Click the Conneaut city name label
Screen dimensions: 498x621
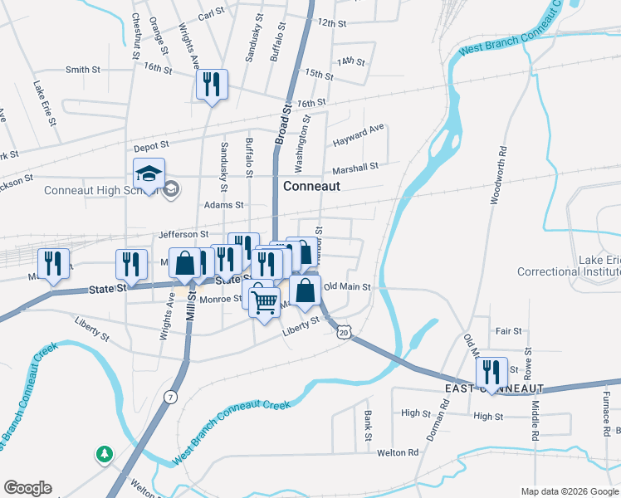coord(311,186)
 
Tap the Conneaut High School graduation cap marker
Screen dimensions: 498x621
coord(149,174)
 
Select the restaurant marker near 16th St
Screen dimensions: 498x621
coord(212,85)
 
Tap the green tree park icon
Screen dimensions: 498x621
coord(104,454)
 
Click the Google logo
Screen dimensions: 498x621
coord(27,488)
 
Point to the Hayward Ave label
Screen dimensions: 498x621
coord(359,135)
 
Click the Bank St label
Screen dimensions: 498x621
coord(365,425)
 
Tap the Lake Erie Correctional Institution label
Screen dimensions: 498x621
coord(568,266)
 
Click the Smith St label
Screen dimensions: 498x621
coord(82,70)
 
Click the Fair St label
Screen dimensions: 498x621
coord(508,330)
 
